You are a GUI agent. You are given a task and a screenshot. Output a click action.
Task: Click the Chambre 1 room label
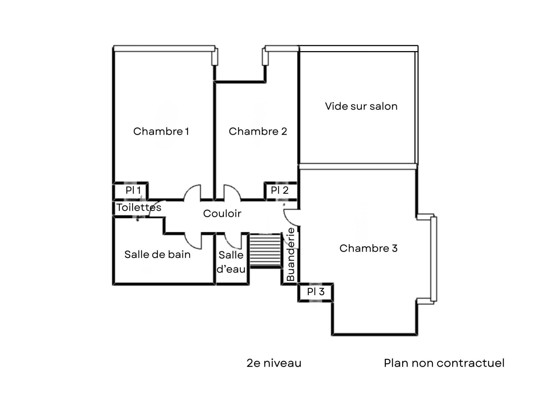(x=161, y=131)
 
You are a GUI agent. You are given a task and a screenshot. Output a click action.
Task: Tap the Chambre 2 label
(x=258, y=131)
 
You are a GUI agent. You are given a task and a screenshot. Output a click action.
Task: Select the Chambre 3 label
(x=368, y=248)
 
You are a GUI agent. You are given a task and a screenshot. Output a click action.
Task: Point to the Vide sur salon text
(x=361, y=106)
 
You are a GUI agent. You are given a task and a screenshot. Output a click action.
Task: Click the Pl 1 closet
(x=133, y=190)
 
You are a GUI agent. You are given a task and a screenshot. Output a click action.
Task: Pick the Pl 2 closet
(x=280, y=190)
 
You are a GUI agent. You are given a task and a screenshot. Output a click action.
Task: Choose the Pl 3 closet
(x=316, y=292)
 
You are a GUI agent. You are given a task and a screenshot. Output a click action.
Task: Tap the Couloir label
(x=222, y=213)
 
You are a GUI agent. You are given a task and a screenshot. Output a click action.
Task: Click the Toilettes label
(x=139, y=207)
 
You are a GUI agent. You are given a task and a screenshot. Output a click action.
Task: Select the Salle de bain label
(x=157, y=255)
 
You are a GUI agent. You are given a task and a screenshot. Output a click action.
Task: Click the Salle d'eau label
(x=231, y=262)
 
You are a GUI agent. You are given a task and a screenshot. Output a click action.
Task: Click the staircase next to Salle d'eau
(x=265, y=251)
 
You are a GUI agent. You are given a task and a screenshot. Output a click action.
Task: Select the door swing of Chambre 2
(x=232, y=193)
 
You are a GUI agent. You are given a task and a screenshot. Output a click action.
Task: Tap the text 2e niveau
(x=274, y=363)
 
